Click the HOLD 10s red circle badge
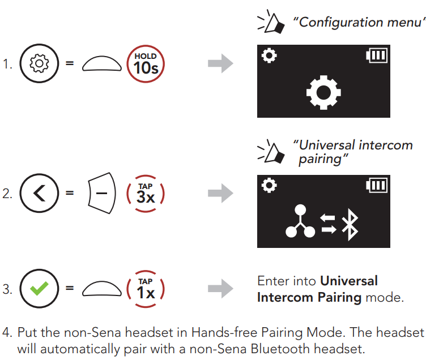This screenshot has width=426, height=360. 146,64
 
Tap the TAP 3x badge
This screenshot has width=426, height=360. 146,194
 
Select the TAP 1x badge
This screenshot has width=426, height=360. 146,289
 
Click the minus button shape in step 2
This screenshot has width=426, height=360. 102,194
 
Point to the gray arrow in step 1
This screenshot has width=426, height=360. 220,64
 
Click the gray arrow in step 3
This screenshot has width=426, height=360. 220,289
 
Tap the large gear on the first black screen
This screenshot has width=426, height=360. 323,92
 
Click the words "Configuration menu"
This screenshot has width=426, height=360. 358,23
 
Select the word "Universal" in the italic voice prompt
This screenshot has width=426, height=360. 323,145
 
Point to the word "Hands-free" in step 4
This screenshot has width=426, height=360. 223,332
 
